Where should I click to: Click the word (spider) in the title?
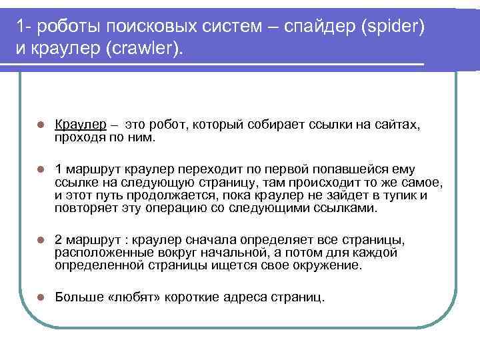coord(394,27)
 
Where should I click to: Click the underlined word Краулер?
coord(80,125)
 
